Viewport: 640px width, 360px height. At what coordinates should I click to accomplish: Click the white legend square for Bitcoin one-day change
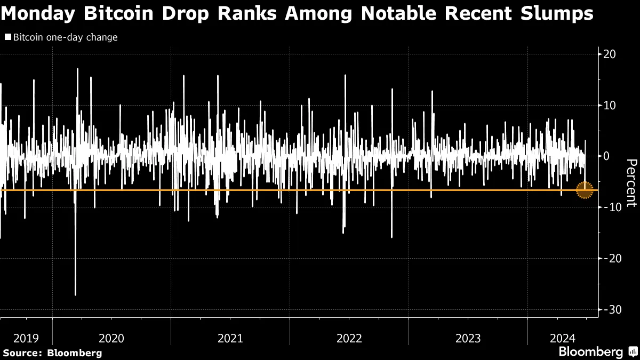[x=7, y=38]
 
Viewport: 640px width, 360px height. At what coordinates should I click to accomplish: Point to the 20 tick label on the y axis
[x=610, y=54]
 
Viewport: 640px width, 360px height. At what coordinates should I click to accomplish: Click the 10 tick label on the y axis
[x=610, y=106]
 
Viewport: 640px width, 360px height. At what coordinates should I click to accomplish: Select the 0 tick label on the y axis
[x=607, y=156]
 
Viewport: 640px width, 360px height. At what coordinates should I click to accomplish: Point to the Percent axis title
[x=631, y=182]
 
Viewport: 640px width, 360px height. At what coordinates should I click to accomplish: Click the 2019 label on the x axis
[x=26, y=338]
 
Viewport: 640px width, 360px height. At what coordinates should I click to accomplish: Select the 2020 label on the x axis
[x=111, y=338]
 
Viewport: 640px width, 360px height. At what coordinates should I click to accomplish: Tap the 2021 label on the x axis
[x=230, y=338]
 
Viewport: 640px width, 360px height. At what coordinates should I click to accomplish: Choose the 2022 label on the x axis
[x=349, y=338]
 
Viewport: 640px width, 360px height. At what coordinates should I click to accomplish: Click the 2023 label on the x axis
[x=468, y=338]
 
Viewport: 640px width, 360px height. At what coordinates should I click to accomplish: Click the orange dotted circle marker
[x=585, y=190]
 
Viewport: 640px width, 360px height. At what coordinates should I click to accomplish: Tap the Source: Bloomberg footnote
[x=52, y=353]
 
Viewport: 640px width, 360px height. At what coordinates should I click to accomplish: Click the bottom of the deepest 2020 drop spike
[x=75, y=294]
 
